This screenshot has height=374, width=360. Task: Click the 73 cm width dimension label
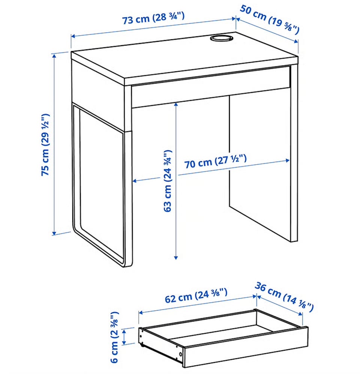[153, 18]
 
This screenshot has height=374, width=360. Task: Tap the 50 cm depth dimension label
[269, 19]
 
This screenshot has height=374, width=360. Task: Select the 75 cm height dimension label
[45, 145]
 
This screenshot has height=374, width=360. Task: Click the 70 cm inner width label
[215, 162]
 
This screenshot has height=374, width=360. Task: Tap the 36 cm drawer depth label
[284, 296]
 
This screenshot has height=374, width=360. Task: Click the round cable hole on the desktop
[221, 38]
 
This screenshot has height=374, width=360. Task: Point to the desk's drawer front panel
[211, 87]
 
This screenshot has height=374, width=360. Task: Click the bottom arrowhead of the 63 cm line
[176, 257]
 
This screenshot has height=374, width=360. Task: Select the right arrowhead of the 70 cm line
[287, 160]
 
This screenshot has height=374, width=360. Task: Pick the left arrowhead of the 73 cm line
[73, 36]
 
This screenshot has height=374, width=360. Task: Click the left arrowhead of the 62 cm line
[141, 313]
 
